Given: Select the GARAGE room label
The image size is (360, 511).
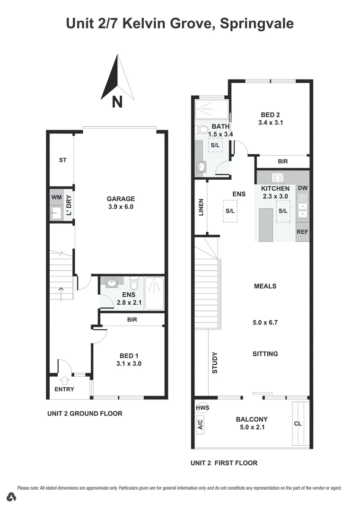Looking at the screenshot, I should click(x=121, y=199).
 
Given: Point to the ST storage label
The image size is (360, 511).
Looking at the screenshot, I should click(x=62, y=160).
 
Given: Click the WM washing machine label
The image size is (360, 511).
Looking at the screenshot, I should click(x=57, y=196).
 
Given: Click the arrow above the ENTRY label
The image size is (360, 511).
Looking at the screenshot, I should click(x=65, y=379).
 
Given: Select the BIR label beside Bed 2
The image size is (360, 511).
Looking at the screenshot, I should click(x=283, y=162).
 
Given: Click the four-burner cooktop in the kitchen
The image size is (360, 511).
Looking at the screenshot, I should click(x=278, y=178).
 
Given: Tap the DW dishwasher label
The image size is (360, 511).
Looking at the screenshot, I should click(x=302, y=188).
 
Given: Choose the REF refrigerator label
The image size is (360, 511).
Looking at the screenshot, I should click(x=302, y=232).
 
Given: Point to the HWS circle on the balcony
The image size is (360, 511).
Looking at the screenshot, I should click(x=202, y=408).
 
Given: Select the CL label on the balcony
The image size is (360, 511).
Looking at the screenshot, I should click(x=298, y=424).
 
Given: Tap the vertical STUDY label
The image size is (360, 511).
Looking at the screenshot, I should click(x=214, y=362).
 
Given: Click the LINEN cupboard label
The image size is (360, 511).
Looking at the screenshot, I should click(x=201, y=208).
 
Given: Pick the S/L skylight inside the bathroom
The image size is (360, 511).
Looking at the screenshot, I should click(x=215, y=145).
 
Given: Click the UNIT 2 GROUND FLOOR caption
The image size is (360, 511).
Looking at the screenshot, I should click(x=85, y=414).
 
